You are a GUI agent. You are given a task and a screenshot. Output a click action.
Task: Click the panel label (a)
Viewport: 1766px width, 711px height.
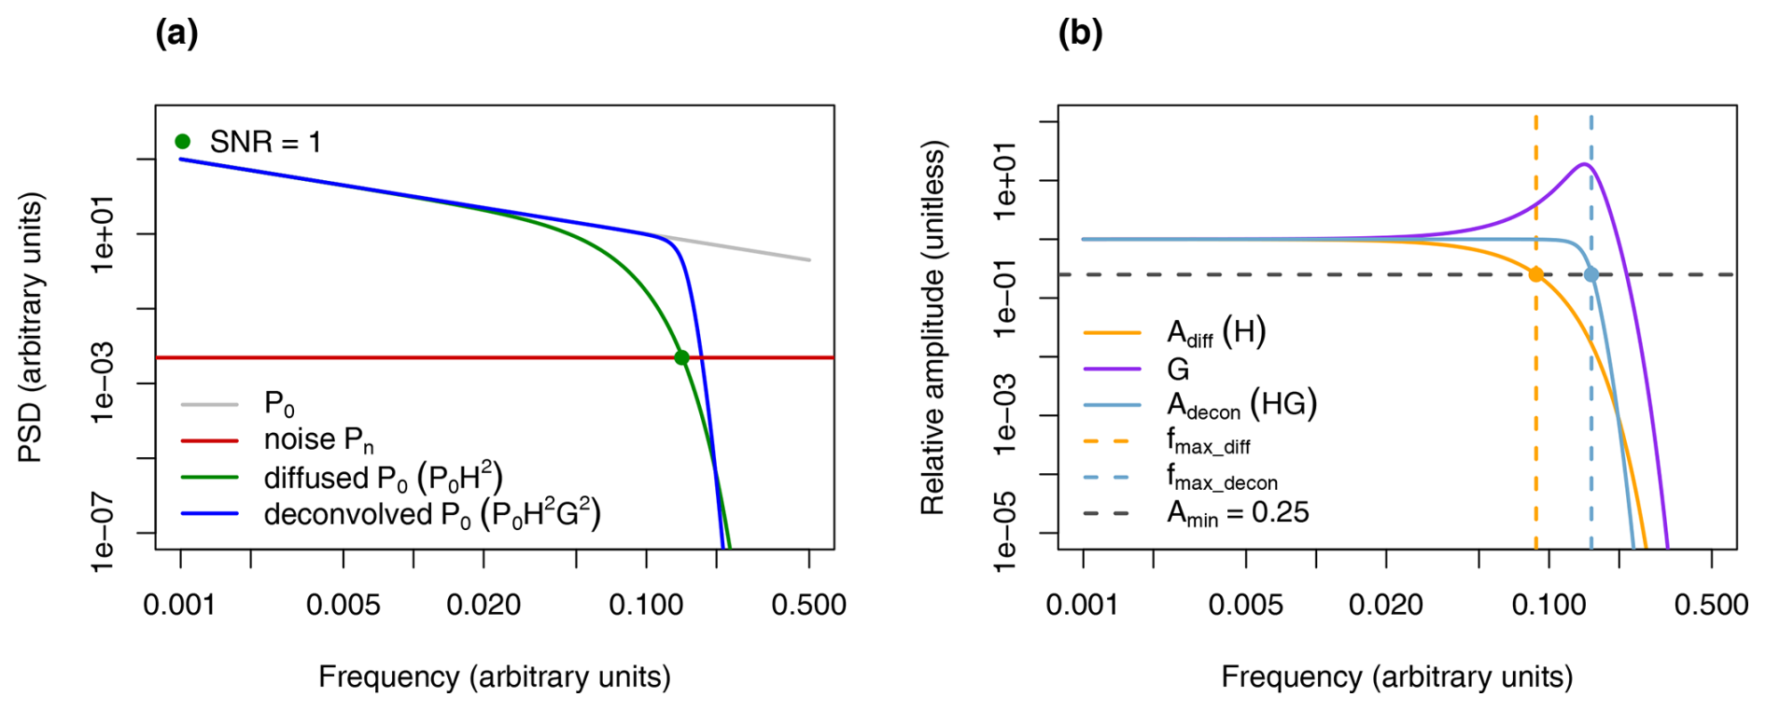click(x=176, y=34)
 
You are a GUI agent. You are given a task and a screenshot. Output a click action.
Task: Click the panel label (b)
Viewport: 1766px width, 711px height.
click(x=1080, y=34)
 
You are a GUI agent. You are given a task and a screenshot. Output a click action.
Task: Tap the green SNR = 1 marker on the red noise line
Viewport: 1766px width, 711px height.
click(x=681, y=357)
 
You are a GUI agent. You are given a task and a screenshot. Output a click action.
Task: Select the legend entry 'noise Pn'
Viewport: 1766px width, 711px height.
click(x=318, y=439)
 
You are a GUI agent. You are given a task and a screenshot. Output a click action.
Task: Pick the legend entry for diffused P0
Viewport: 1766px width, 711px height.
click(x=383, y=478)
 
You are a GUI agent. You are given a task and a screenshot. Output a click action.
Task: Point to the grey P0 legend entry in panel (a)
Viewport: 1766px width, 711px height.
click(x=279, y=404)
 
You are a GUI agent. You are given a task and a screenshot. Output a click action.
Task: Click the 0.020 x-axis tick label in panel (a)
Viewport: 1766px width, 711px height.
click(x=483, y=605)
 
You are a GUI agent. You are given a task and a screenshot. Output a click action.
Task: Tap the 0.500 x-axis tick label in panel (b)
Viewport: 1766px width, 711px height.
click(x=1711, y=605)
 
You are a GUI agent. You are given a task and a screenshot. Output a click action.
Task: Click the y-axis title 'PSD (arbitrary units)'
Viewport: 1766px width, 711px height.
click(x=31, y=327)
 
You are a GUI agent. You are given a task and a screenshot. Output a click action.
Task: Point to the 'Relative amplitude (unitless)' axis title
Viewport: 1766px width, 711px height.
click(x=933, y=327)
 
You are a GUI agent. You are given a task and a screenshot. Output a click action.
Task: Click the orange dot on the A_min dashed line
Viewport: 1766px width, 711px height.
click(x=1535, y=274)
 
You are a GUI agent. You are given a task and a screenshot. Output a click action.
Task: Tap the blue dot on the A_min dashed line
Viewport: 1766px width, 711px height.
click(x=1591, y=274)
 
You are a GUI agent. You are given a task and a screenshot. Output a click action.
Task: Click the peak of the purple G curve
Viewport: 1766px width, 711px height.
click(x=1584, y=164)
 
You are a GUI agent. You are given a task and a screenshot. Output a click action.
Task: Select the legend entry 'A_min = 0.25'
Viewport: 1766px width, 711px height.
click(x=1238, y=512)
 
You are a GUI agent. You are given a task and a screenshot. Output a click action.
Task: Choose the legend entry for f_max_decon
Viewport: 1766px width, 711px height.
click(x=1221, y=477)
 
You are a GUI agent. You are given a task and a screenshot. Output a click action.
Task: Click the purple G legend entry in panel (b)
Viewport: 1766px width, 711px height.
click(x=1178, y=369)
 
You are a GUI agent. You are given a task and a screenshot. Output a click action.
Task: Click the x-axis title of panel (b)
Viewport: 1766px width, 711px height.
click(x=1397, y=676)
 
